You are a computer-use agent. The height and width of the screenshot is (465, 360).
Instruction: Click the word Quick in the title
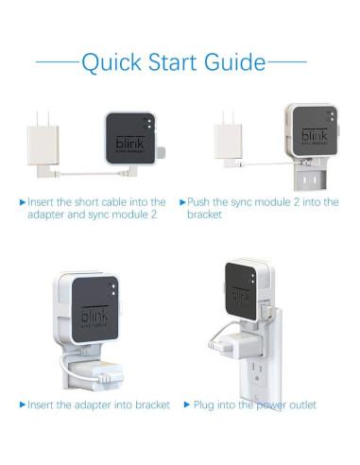[111, 62]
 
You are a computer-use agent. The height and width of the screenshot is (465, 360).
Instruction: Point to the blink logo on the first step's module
[130, 143]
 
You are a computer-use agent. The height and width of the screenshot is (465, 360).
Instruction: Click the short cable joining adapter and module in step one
[92, 173]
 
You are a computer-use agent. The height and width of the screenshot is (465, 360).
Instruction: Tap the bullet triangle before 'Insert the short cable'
[23, 202]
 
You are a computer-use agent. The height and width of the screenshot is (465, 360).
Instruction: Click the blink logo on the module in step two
[315, 135]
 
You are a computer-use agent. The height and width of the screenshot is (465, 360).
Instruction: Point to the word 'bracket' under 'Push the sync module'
[204, 215]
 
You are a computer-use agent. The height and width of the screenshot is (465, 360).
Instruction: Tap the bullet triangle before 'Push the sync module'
[182, 202]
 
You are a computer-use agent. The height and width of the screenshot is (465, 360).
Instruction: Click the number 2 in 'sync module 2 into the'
[296, 202]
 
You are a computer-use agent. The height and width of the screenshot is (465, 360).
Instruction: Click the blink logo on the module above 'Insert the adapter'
[94, 315]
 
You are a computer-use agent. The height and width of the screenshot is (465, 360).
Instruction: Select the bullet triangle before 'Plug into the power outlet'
[187, 405]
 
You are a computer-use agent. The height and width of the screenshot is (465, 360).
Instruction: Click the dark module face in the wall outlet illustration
[241, 291]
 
